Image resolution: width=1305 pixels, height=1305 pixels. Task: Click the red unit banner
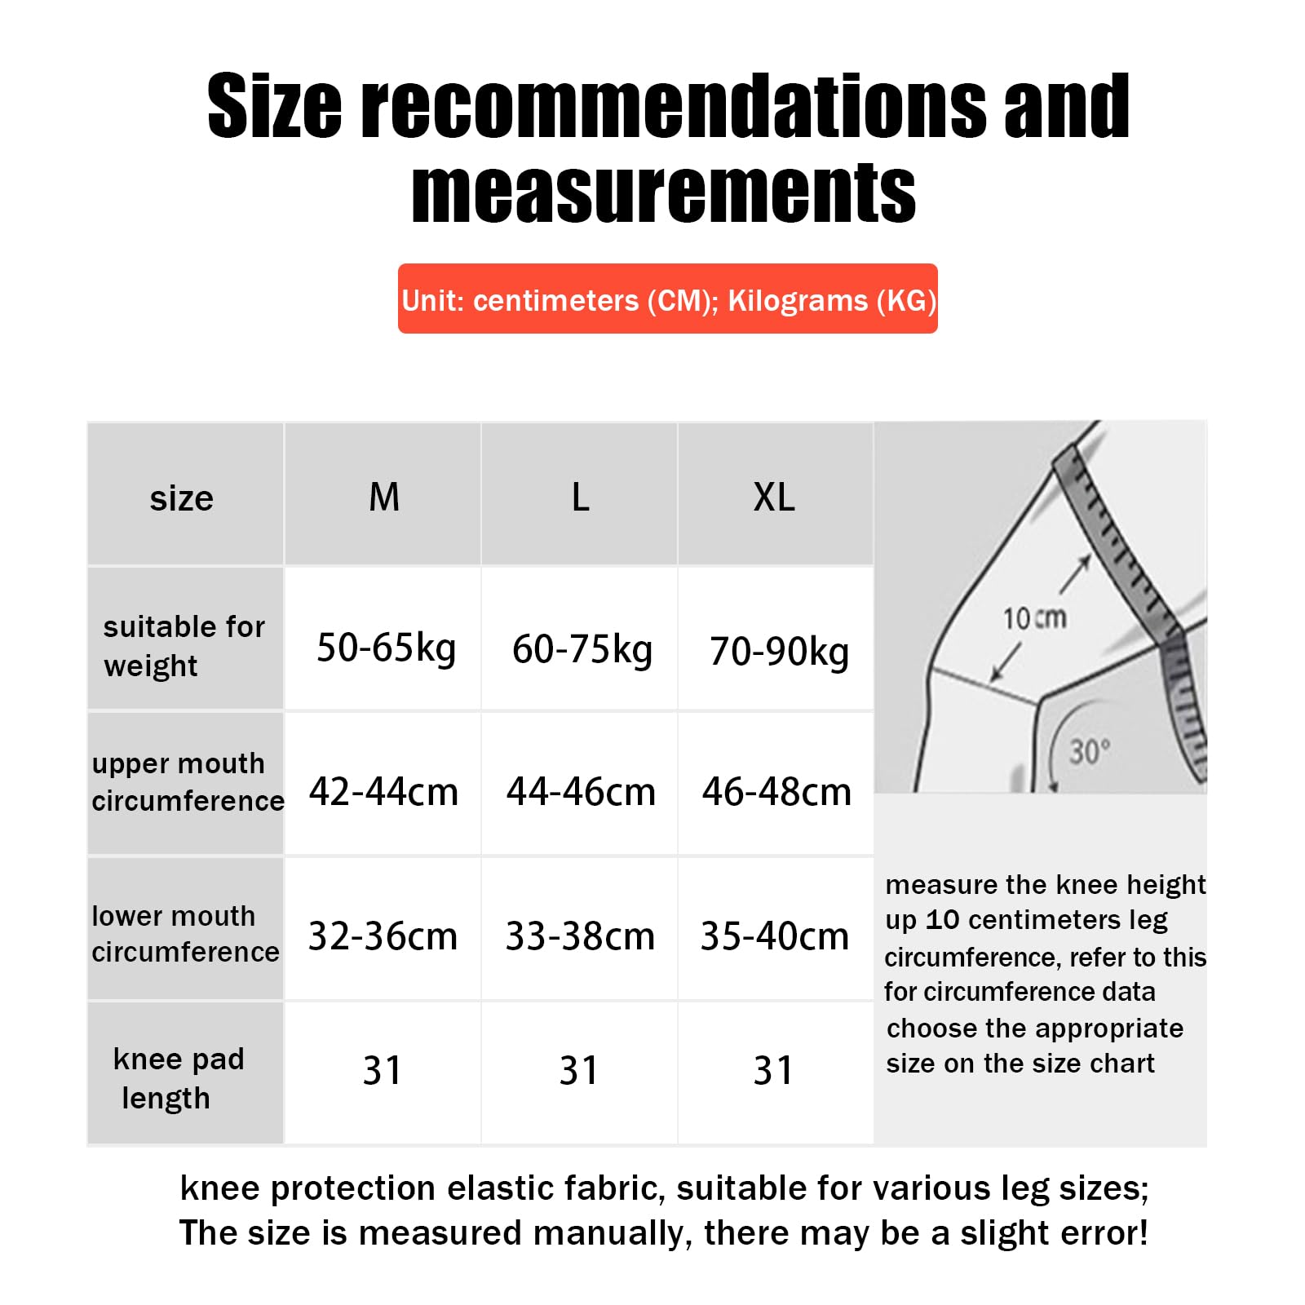[667, 299]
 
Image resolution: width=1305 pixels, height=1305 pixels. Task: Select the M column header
[384, 497]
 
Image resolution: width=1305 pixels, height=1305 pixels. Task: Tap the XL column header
[774, 497]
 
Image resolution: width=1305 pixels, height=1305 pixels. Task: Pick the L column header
[580, 497]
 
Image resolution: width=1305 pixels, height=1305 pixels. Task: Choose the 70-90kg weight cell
[779, 652]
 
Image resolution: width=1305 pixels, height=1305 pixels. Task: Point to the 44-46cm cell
[581, 792]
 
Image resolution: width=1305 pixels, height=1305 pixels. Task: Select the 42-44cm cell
[383, 792]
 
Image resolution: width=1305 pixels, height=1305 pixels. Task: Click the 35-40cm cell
[775, 936]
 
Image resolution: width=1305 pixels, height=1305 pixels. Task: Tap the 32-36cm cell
[383, 936]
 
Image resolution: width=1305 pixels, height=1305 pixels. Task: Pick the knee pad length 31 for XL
[772, 1071]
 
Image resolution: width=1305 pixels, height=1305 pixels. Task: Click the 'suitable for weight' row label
[184, 646]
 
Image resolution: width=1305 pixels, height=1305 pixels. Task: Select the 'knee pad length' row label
[178, 1078]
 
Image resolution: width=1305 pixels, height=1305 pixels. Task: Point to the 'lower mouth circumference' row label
[185, 934]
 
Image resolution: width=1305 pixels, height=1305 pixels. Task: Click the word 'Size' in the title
[274, 106]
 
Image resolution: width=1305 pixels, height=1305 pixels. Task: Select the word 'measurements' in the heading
[664, 192]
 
